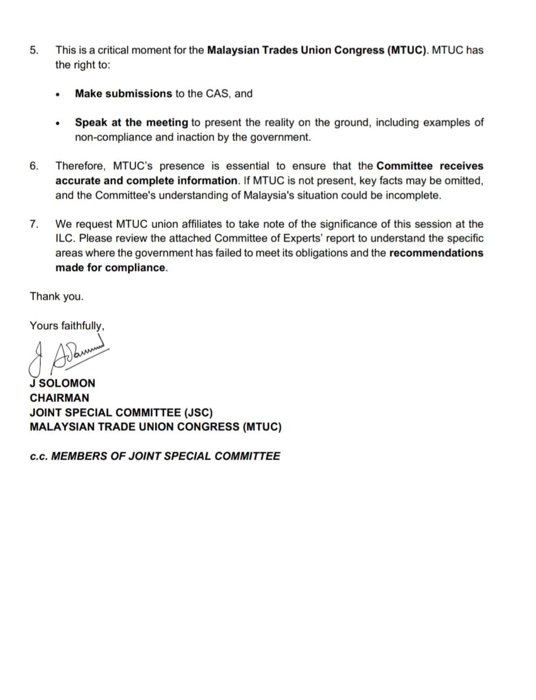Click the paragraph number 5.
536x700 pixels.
pyautogui.click(x=34, y=50)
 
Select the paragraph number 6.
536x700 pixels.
pyautogui.click(x=34, y=166)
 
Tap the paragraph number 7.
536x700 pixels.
pyautogui.click(x=34, y=224)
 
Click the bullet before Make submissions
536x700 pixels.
pyautogui.click(x=58, y=94)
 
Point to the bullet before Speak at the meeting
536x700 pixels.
pyautogui.click(x=58, y=123)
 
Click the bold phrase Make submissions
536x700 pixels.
pyautogui.click(x=123, y=94)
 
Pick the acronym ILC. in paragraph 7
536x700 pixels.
pyautogui.click(x=66, y=238)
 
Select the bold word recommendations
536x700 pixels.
pyautogui.click(x=436, y=253)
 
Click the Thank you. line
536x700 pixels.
pyautogui.click(x=56, y=296)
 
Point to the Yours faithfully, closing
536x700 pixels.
pyautogui.click(x=67, y=325)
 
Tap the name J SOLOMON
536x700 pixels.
pyautogui.click(x=62, y=383)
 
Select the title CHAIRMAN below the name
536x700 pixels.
pyautogui.click(x=59, y=398)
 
